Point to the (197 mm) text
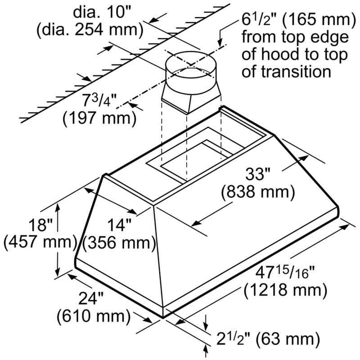[99, 119]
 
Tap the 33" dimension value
[258, 174]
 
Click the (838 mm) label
[258, 192]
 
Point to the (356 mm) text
[119, 243]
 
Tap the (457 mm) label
[40, 242]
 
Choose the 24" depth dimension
[91, 298]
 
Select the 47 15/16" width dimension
[285, 272]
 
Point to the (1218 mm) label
[285, 290]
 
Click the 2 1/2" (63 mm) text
[268, 339]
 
